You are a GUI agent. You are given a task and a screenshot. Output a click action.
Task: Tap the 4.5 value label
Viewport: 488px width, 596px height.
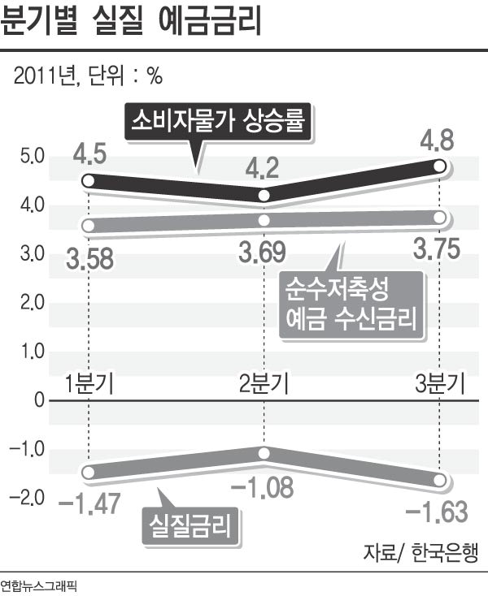pos(89,153)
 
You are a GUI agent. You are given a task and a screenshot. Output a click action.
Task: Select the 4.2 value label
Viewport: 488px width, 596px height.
pos(263,169)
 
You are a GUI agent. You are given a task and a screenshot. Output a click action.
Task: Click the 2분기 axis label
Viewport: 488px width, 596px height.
pos(264,382)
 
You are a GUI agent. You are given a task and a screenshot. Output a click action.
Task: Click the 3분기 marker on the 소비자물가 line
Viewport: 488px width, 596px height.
pos(439,166)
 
